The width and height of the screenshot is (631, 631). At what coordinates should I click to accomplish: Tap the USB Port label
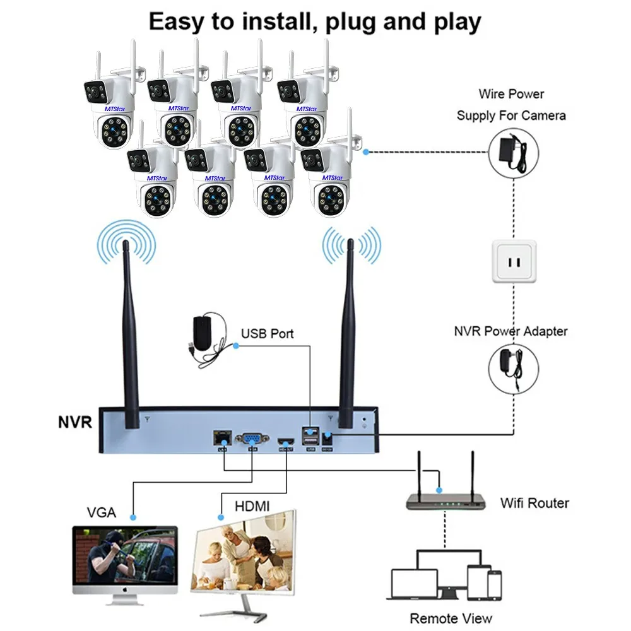(267, 333)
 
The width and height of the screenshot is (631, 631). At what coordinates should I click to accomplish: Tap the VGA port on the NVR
(251, 437)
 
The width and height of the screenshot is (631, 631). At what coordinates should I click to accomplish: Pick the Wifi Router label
(534, 503)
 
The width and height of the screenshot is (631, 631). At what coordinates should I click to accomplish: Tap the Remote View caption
(451, 618)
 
